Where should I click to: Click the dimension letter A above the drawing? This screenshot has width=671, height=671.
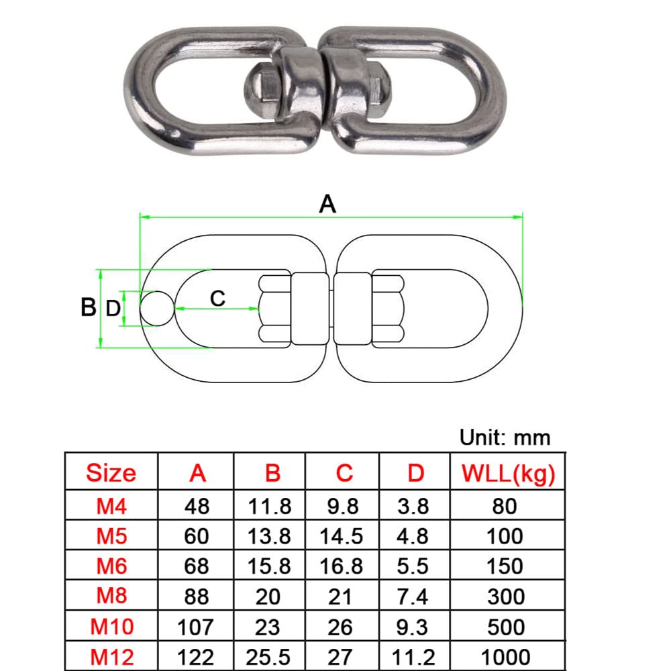coord(327,203)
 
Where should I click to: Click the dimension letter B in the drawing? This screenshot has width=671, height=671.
coord(89,308)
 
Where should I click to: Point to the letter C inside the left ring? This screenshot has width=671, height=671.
coord(217,298)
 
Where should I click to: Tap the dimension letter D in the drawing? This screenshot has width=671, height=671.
coord(113,309)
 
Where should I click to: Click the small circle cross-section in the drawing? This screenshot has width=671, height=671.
coord(156,309)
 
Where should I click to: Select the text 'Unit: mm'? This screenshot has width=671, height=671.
coord(505,437)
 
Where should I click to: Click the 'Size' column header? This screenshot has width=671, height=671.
coord(111,474)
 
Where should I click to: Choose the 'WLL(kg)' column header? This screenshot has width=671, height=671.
coord(508,474)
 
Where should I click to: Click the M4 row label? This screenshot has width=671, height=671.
coord(111,505)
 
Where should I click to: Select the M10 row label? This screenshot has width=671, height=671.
coord(111,627)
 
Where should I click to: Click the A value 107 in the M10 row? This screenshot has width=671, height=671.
coord(196,627)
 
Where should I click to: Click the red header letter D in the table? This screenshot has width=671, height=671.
coord(415,474)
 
